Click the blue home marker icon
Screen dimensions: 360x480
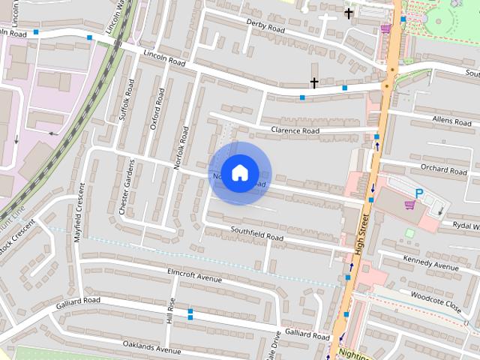tap(239, 173)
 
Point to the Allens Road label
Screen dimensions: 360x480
tap(451, 120)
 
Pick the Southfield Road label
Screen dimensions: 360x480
tap(256, 233)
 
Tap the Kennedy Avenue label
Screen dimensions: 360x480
tap(430, 263)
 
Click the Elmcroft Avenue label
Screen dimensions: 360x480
tap(195, 275)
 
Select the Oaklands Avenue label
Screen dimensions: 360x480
tap(153, 347)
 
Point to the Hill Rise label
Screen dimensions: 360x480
tap(170, 309)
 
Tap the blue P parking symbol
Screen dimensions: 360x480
tap(420, 193)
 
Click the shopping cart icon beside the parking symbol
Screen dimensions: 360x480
tap(409, 204)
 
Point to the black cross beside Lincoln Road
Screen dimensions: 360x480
tap(314, 83)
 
